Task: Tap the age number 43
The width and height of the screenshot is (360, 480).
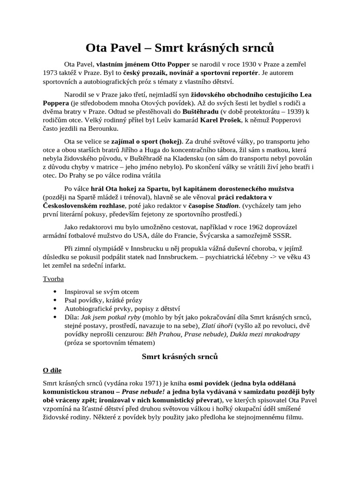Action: tap(306, 257)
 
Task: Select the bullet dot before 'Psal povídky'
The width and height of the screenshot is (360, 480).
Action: tap(56, 300)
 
